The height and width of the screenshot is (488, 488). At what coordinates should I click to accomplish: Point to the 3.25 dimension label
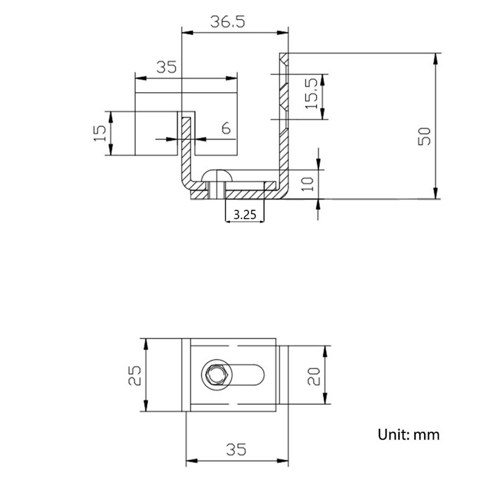pos(245,214)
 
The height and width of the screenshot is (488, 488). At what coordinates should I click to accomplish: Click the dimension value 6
pos(225,129)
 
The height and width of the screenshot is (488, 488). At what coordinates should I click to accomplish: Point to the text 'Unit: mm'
pos(408,434)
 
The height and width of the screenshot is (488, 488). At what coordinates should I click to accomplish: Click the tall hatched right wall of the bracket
pos(284,122)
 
